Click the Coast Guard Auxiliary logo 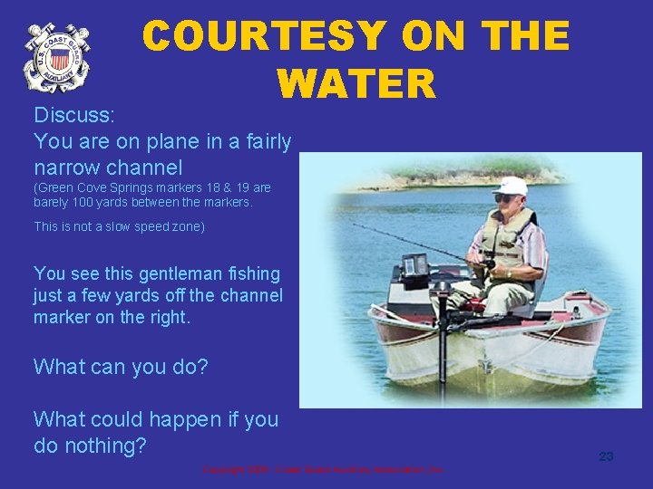point(56,57)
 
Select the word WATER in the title point(356,84)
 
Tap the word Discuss point(72,115)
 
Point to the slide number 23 point(606,456)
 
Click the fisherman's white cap point(512,187)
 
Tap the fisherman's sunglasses point(504,198)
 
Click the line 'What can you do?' point(121,367)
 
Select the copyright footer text point(322,470)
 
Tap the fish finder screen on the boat point(415,265)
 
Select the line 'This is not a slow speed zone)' point(120,227)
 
